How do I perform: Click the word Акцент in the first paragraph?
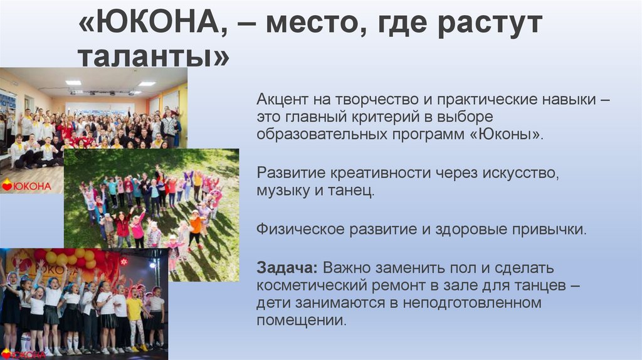(x=280, y=101)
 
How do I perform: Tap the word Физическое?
(x=294, y=229)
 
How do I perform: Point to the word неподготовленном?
(x=476, y=303)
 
